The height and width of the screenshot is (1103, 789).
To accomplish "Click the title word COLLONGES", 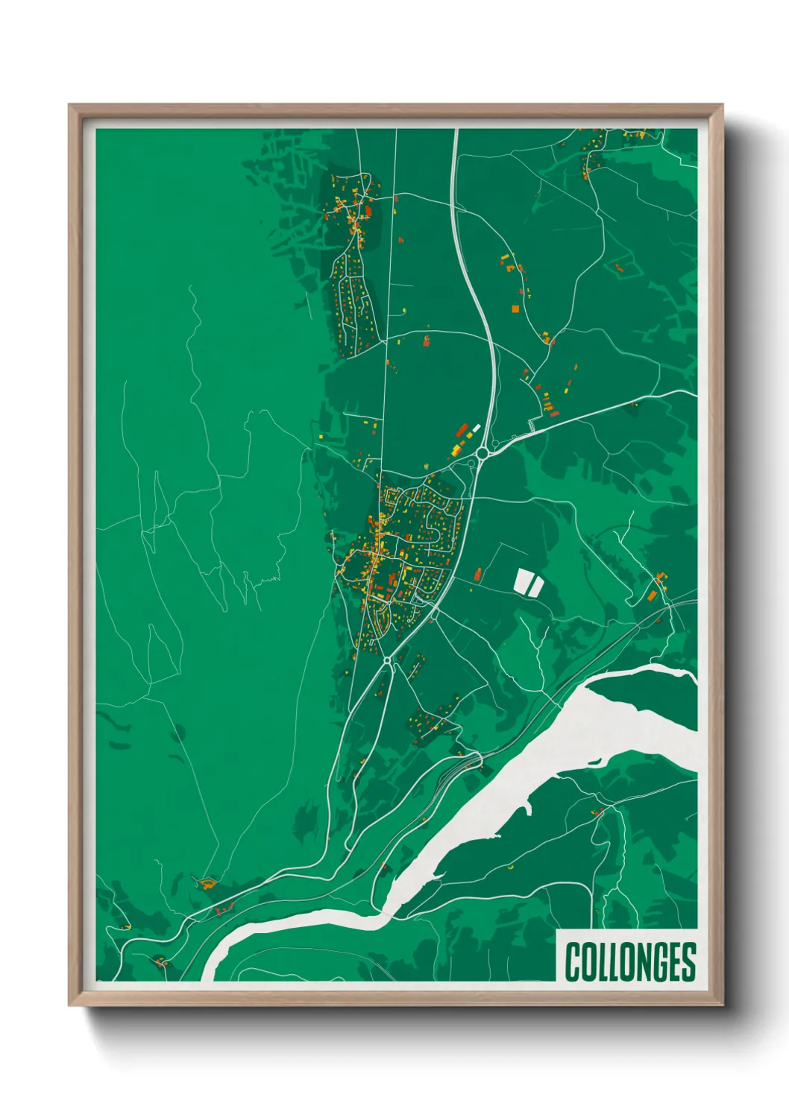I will click(630, 961).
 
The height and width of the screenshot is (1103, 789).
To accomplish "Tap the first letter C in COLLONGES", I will click(573, 961).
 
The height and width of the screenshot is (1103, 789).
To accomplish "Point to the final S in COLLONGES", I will click(688, 961).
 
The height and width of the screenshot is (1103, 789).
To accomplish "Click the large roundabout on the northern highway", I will click(482, 452).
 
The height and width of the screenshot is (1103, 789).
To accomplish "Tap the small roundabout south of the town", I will click(387, 660).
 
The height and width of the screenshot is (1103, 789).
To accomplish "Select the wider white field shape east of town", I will click(522, 582).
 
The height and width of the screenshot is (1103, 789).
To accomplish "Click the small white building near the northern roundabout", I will click(476, 428).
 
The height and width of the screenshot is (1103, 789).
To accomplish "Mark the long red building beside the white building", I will click(462, 431).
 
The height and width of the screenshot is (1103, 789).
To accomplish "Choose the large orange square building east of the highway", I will click(515, 308).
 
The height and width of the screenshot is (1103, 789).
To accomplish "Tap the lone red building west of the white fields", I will click(477, 574).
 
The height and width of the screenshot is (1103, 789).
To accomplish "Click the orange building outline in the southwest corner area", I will click(207, 884).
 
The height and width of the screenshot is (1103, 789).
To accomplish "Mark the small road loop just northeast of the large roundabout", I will click(494, 445).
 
